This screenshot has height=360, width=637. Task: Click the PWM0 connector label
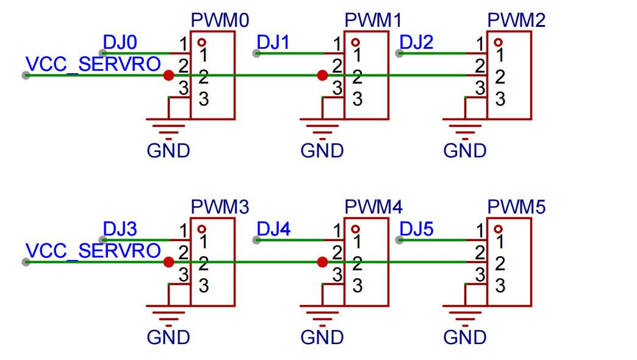[x=220, y=20]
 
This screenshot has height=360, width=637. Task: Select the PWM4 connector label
[x=373, y=207]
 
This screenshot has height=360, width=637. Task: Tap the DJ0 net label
[x=120, y=42]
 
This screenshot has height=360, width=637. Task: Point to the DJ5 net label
[x=416, y=229]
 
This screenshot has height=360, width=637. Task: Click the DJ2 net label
[x=416, y=42]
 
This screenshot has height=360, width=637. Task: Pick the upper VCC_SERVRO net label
[x=93, y=64]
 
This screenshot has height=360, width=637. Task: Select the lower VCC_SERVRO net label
[x=93, y=251]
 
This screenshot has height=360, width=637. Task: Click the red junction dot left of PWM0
[x=168, y=75]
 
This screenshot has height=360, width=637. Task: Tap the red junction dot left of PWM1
[x=323, y=75]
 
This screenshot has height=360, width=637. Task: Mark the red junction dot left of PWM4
[x=323, y=262]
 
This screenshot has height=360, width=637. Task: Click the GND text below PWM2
[x=465, y=151]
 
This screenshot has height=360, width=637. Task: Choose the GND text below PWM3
[x=168, y=337]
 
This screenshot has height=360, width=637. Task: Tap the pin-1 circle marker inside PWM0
[x=201, y=42]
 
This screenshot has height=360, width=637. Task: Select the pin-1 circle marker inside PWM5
[x=498, y=229]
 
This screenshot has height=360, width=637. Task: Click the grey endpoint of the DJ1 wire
[x=256, y=53]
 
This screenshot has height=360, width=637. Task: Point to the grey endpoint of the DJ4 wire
[x=256, y=240]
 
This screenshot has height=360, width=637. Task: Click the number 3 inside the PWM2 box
[x=500, y=99]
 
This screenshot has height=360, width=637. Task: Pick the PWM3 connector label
[x=220, y=207]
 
